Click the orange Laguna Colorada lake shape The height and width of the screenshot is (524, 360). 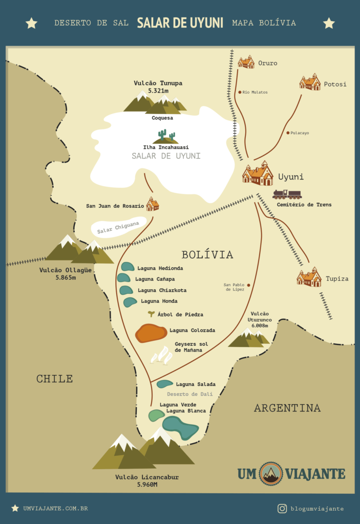click(x=151, y=333)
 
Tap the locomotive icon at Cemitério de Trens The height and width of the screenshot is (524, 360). click(x=287, y=194)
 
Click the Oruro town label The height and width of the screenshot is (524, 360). click(x=267, y=63)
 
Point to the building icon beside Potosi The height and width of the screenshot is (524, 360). click(x=310, y=82)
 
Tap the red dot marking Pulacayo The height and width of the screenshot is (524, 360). click(x=288, y=133)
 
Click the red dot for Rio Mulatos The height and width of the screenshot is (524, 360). click(x=240, y=93)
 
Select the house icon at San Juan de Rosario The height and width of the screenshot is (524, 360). click(x=152, y=204)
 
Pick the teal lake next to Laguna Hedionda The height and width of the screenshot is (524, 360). click(x=128, y=267)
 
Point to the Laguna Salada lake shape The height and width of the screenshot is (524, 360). click(x=164, y=384)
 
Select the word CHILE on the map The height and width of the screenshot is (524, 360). click(x=54, y=379)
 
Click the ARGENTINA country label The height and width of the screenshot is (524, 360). click(x=287, y=408)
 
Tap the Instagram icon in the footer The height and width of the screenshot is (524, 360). click(x=282, y=508)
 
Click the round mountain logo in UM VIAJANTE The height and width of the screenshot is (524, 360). click(x=271, y=473)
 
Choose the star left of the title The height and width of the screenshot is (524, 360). click(x=31, y=23)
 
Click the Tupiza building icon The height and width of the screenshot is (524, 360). click(x=309, y=277)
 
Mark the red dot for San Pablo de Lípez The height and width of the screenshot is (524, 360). click(x=249, y=285)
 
